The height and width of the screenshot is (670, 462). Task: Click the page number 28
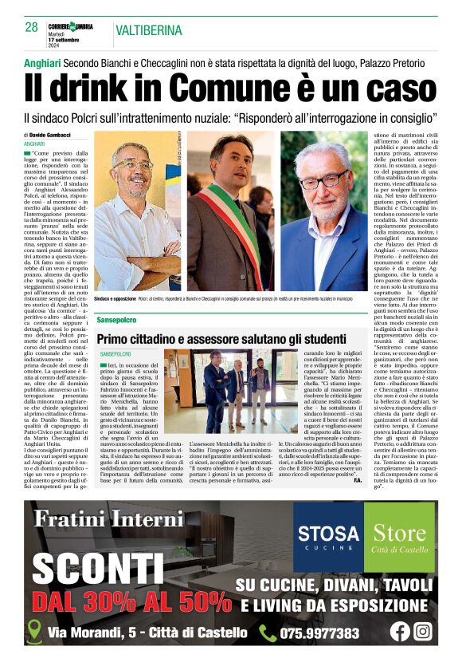[x=31, y=27]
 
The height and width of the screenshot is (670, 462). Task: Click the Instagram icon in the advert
[x=423, y=631]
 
